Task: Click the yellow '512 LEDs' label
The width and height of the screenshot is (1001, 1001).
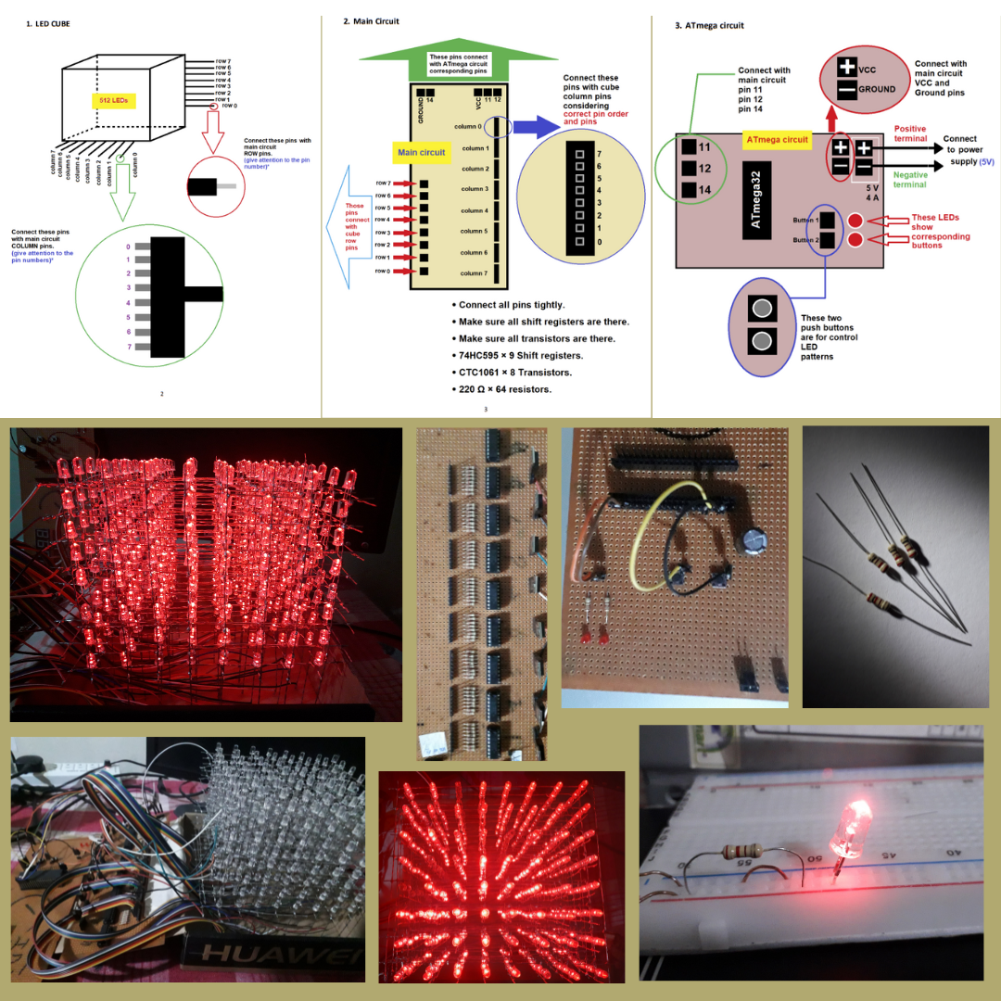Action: point(116,100)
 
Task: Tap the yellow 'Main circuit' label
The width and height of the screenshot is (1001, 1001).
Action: point(422,152)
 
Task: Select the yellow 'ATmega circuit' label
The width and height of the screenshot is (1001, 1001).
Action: point(778,140)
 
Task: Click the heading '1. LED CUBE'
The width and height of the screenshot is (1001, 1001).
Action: point(48,23)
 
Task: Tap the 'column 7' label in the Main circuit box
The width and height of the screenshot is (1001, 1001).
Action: point(474,273)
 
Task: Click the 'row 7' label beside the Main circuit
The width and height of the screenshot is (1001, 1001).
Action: point(383,184)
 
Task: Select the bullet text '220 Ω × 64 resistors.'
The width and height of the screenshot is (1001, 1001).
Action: point(505,389)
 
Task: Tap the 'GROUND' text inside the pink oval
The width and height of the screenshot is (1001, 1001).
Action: point(877,89)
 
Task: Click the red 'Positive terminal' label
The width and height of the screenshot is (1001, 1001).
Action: point(910,133)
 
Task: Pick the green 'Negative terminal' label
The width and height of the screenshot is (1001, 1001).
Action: point(910,180)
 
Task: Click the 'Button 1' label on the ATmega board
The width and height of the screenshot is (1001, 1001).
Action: point(804,220)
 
